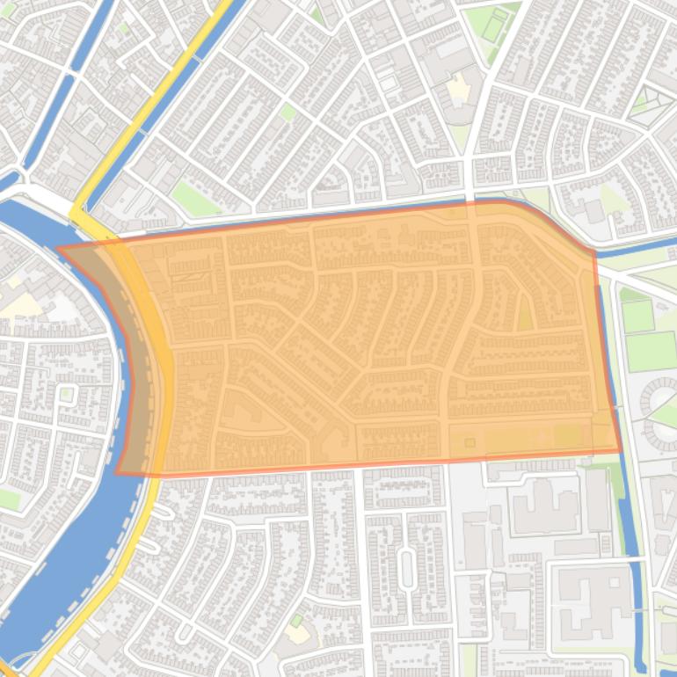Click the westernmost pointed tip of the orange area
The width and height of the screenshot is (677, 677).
point(59,248)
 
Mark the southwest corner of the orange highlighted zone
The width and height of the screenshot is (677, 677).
point(118,472)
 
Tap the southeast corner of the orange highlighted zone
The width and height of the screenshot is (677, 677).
point(621,452)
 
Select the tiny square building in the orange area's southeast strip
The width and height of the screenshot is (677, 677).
point(470,442)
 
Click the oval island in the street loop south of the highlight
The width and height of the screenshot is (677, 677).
point(405,568)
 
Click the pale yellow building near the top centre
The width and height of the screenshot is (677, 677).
point(457,88)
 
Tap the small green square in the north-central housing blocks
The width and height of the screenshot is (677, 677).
point(288,112)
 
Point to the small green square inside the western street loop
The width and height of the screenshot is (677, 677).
point(66,393)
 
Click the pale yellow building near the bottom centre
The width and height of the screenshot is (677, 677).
point(297,632)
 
